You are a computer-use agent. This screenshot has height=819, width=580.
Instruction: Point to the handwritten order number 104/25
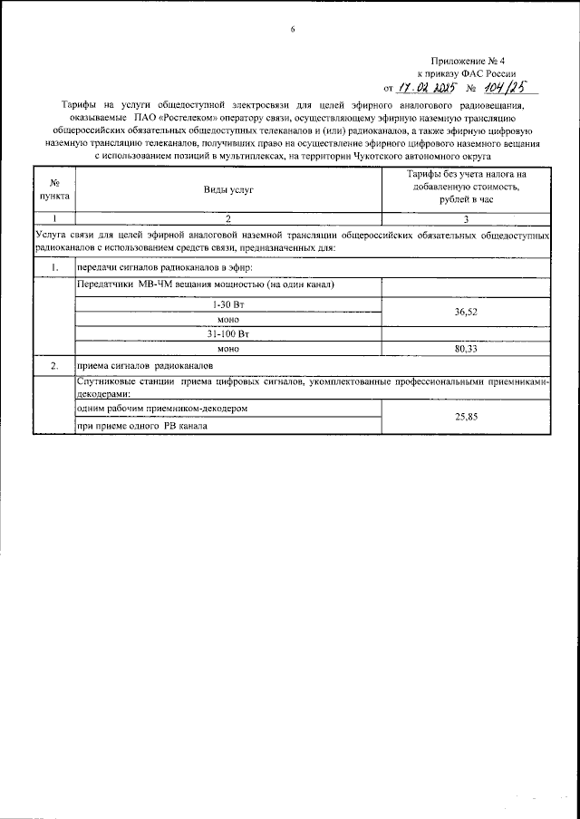click(x=502, y=87)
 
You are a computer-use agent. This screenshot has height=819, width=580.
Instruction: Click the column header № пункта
click(x=53, y=188)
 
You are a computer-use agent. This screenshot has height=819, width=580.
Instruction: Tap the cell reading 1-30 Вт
click(x=227, y=304)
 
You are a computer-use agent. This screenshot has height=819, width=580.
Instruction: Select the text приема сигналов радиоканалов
click(x=145, y=366)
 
